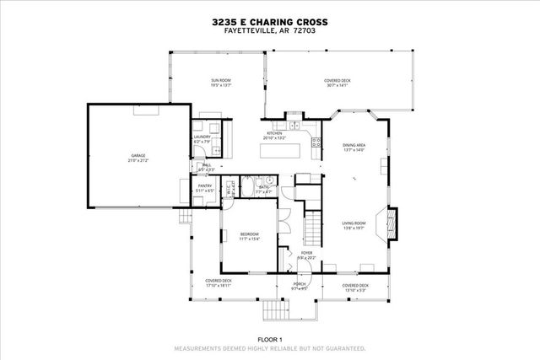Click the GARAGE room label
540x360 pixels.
tap(138, 156)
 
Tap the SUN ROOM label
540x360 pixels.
tap(221, 80)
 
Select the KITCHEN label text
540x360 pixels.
tap(274, 133)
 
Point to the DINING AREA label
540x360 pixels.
tap(354, 145)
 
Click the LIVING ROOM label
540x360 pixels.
tap(354, 223)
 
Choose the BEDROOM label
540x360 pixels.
tap(249, 234)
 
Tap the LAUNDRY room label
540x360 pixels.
tap(202, 137)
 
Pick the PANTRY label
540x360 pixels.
tap(204, 186)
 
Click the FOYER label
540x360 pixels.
tap(306, 252)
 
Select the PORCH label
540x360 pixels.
tap(300, 284)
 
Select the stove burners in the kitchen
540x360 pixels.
tap(316, 144)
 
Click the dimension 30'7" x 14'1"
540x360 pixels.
tap(337, 85)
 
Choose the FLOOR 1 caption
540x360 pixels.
tap(270, 340)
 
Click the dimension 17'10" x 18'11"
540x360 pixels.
tap(219, 286)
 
